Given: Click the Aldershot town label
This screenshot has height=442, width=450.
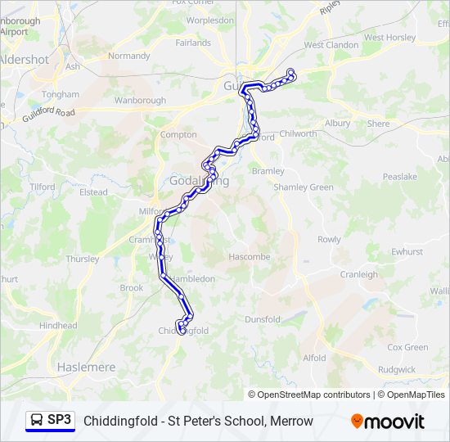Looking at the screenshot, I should [24, 60].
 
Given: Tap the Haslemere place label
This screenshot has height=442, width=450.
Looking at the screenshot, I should [86, 368].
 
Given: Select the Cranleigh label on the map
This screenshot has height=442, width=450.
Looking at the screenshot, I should [359, 274].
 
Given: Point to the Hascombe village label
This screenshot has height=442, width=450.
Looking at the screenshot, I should [250, 256].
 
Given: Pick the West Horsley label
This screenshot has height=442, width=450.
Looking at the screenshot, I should [390, 38].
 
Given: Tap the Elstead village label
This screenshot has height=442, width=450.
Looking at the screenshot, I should [93, 192].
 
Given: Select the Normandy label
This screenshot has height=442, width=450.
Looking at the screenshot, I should [129, 56].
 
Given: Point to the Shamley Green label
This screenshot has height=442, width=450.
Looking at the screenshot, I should [304, 187].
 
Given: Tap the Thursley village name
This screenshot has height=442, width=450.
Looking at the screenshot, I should [83, 259].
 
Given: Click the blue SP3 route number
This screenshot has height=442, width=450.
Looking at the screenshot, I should [60, 421].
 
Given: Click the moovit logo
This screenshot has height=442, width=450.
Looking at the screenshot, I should [388, 422].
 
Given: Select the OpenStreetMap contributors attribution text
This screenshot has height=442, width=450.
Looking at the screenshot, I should [309, 395].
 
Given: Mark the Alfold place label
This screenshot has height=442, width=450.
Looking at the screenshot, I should [314, 358].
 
